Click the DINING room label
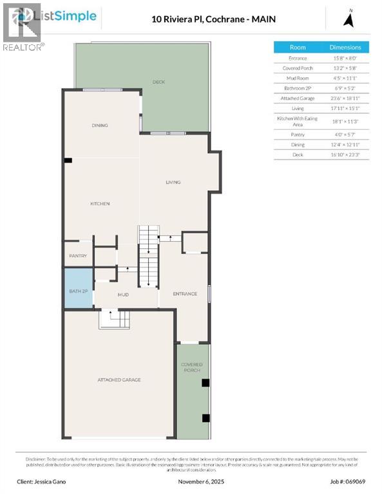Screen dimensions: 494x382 pyautogui.click(x=100, y=125)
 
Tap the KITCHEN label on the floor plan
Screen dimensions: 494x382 pyautogui.click(x=100, y=204)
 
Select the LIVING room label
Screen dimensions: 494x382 pyautogui.click(x=173, y=182)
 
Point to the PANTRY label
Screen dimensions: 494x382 pyautogui.click(x=78, y=256)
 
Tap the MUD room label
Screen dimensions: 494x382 pyautogui.click(x=123, y=295)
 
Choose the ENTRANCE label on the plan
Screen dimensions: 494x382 pyautogui.click(x=185, y=294)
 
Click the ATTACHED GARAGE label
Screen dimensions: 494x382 pyautogui.click(x=119, y=380)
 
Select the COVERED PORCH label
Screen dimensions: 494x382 pyautogui.click(x=191, y=368)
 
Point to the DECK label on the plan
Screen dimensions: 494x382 pyautogui.click(x=158, y=82)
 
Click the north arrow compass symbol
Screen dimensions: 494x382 pyautogui.click(x=350, y=19)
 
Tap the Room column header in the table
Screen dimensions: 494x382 pyautogui.click(x=298, y=47)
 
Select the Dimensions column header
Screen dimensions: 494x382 pyautogui.click(x=346, y=47)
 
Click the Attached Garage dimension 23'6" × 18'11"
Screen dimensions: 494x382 pyautogui.click(x=346, y=98)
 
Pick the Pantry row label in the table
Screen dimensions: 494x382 pyautogui.click(x=298, y=134)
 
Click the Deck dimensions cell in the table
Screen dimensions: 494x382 pyautogui.click(x=346, y=155)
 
